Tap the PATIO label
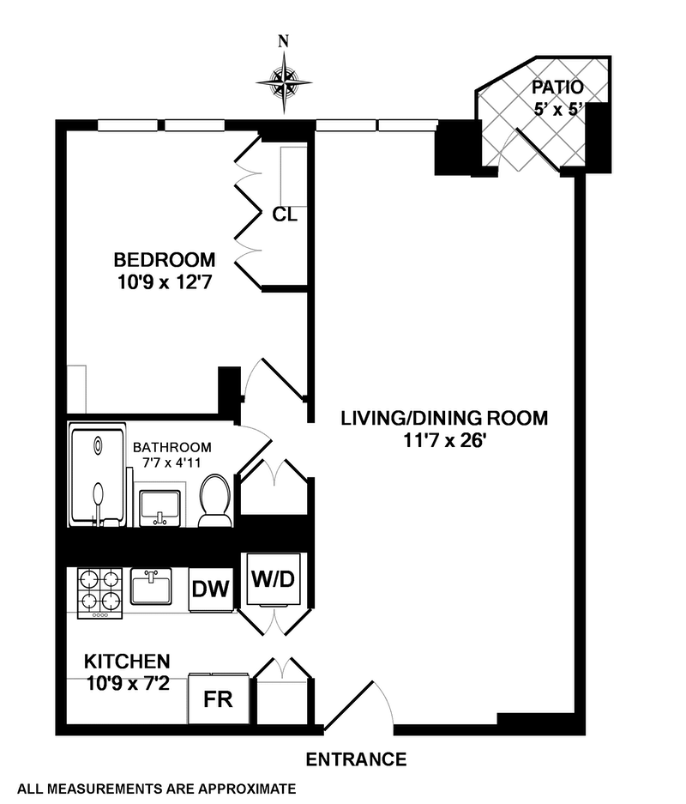[x=557, y=87]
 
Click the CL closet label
[x=285, y=215]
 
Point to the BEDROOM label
[x=165, y=259]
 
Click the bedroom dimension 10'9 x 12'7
[x=164, y=280]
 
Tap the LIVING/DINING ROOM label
[x=444, y=419]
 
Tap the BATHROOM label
[x=171, y=448]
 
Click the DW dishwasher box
[x=210, y=589]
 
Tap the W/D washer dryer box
[x=273, y=578]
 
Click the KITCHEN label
[x=126, y=662]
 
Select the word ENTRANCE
[x=356, y=759]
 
